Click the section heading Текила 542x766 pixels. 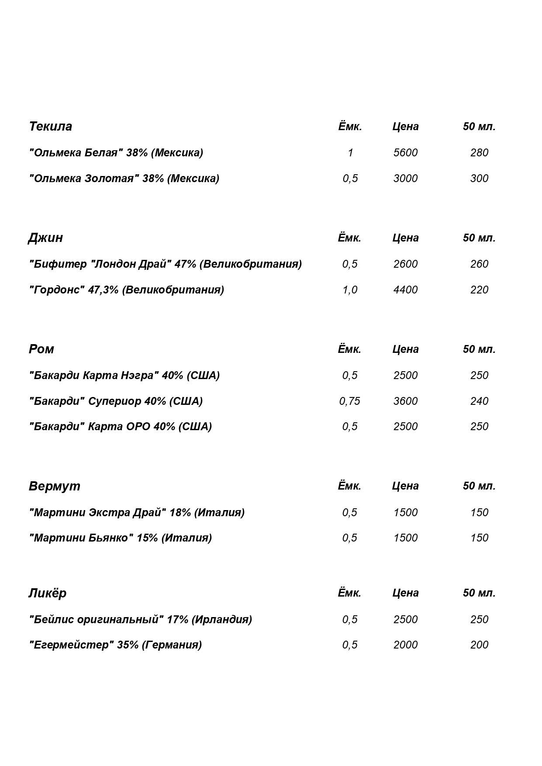click(x=50, y=127)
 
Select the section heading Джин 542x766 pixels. click(x=45, y=238)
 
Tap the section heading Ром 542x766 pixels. click(x=41, y=349)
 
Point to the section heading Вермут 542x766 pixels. click(x=55, y=486)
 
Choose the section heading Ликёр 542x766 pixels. click(x=47, y=593)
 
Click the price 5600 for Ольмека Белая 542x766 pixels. click(x=405, y=153)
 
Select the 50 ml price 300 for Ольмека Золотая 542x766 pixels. click(x=479, y=179)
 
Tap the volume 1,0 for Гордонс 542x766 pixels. click(x=350, y=290)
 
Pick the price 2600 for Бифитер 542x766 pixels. click(x=405, y=264)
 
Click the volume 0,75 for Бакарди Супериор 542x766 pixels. click(x=350, y=401)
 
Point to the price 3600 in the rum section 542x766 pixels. click(x=405, y=401)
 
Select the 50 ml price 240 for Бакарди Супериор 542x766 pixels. click(x=479, y=401)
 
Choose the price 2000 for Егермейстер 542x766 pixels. click(x=405, y=645)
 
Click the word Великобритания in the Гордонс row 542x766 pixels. click(x=173, y=290)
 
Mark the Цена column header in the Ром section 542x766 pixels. click(x=405, y=349)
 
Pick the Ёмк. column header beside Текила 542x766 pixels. click(x=350, y=127)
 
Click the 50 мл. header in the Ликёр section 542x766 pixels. click(x=479, y=593)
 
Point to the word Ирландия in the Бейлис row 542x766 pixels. click(x=222, y=620)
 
